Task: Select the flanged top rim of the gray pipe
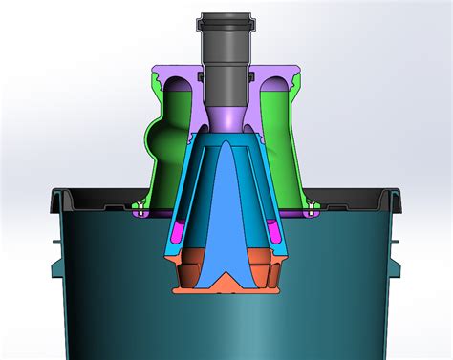pyautogui.click(x=226, y=18)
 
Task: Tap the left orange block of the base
pyautogui.click(x=191, y=271)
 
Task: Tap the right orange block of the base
pyautogui.click(x=262, y=271)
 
